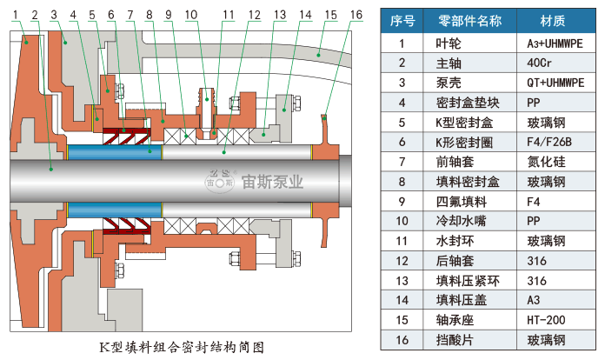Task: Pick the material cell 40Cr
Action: [x=540, y=63]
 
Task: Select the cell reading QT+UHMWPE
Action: [x=555, y=83]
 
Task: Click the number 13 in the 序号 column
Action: [x=402, y=281]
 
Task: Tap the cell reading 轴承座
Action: [x=450, y=320]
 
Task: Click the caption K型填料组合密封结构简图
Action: [x=181, y=347]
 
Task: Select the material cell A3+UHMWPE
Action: [x=555, y=43]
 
